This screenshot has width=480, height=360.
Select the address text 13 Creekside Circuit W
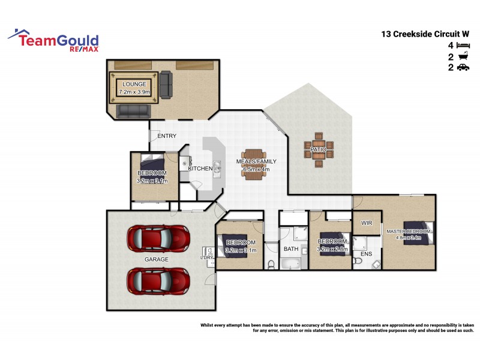[x=425, y=34]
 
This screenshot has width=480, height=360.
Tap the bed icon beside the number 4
[x=463, y=45]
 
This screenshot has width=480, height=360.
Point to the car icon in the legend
[x=463, y=68]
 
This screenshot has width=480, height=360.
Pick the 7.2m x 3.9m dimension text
[x=133, y=92]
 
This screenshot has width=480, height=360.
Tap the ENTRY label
[x=166, y=136]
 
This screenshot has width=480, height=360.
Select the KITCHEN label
[x=200, y=169]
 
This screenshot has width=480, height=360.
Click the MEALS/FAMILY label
[x=257, y=162]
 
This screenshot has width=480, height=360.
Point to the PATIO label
[x=318, y=149]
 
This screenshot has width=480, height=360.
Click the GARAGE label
[x=155, y=259]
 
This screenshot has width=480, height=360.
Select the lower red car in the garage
[x=158, y=280]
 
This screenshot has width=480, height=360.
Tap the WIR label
[x=367, y=223]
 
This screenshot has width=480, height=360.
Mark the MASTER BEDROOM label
[x=408, y=231]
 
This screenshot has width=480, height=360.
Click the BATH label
[x=291, y=248]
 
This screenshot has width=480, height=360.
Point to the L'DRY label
[x=206, y=258]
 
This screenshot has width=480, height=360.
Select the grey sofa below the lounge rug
[x=133, y=111]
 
